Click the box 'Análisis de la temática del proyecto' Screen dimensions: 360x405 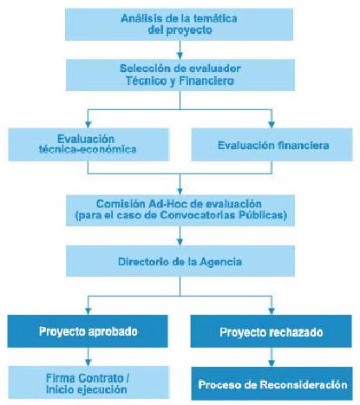[x=179, y=24]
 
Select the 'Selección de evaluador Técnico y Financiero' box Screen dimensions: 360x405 [x=180, y=75]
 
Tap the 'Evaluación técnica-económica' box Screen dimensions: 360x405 [x=88, y=145]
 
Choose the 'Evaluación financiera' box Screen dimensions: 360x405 [x=272, y=145]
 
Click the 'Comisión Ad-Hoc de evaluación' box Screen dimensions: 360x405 [x=180, y=210]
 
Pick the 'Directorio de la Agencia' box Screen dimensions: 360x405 [x=180, y=261]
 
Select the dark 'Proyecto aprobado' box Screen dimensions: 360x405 [x=88, y=331]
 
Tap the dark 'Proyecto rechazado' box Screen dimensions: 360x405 [x=271, y=331]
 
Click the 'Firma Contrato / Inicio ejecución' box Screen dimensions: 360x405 [x=88, y=382]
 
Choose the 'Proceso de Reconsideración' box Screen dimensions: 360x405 [x=272, y=383]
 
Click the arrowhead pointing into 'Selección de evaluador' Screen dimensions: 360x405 [x=180, y=56]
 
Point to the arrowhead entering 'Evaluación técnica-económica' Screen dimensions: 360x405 [x=88, y=124]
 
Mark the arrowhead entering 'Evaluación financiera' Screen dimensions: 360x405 [x=272, y=124]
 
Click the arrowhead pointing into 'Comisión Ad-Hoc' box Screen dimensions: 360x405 [x=180, y=191]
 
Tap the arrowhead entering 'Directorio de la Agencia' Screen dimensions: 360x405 [x=180, y=242]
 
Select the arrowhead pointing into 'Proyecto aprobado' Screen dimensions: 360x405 [x=88, y=311]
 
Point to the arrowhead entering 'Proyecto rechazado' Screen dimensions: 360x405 [x=272, y=311]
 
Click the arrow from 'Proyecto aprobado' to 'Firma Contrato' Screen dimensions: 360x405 [x=88, y=357]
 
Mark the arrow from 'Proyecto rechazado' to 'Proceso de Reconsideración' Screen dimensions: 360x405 [x=272, y=357]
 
